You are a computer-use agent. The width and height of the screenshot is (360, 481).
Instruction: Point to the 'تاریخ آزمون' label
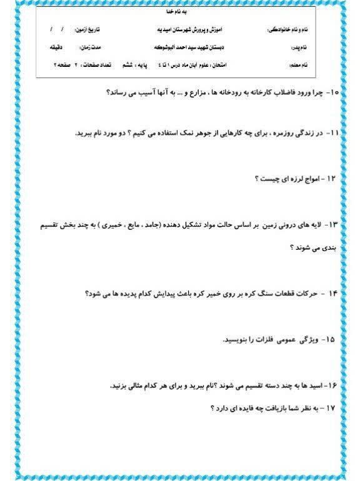point(87,30)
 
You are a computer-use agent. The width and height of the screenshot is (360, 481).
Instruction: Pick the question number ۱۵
point(329,340)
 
